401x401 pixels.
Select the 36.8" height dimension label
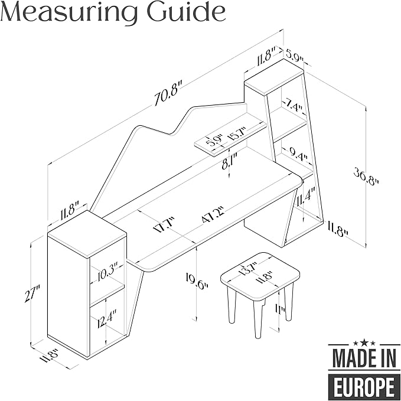coord(366,177)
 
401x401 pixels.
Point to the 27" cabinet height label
coord(32,294)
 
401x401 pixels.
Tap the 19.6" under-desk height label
coord(197,281)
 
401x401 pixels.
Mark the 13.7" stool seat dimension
coord(247,269)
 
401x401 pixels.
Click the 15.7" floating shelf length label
coord(237,133)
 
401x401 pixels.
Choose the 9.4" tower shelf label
coord(299,155)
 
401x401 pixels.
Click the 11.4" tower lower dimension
coord(305,197)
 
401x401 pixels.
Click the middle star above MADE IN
coord(364,341)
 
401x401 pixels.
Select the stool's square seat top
coord(260,276)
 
